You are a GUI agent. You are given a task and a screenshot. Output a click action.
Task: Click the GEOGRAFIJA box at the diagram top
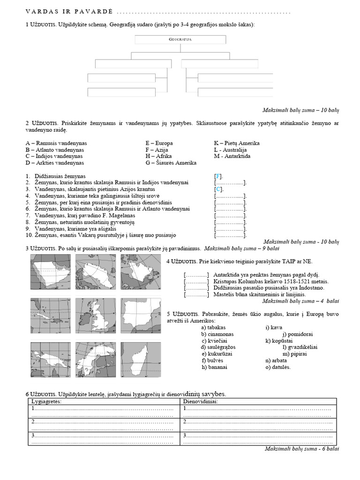(180, 40)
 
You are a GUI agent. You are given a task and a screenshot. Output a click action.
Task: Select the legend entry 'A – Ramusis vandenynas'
(56, 143)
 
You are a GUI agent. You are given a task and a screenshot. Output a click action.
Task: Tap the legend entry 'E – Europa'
(159, 143)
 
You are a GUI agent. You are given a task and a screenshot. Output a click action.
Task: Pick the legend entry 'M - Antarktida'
(232, 156)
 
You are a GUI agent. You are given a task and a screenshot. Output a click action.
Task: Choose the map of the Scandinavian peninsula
(96, 360)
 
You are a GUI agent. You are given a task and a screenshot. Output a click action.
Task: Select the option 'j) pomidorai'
(297, 334)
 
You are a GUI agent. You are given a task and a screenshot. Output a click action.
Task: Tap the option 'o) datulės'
(277, 367)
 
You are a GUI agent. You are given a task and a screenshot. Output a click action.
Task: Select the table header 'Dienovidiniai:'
(201, 402)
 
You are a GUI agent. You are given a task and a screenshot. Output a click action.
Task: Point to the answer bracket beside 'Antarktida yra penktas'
(196, 275)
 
